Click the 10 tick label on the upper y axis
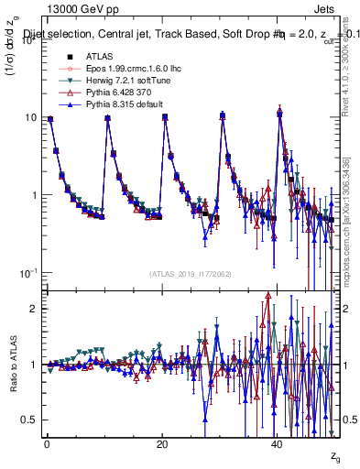pyautogui.click(x=27, y=117)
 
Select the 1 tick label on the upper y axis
pyautogui.click(x=31, y=195)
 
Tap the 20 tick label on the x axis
pyautogui.click(x=161, y=443)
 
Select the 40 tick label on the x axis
pyautogui.click(x=277, y=443)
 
